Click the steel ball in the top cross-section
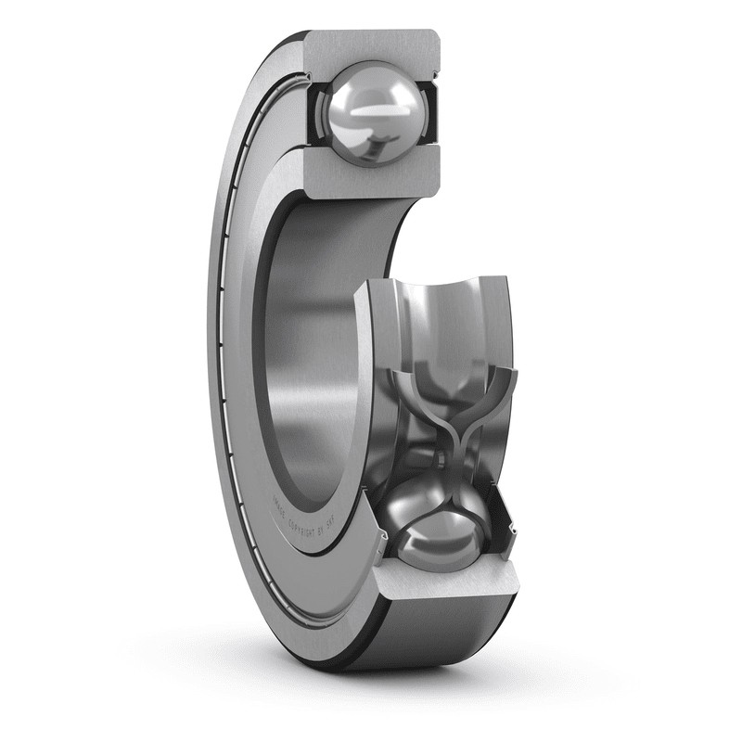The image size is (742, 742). (371, 113)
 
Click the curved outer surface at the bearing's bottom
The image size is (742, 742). (436, 640)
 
